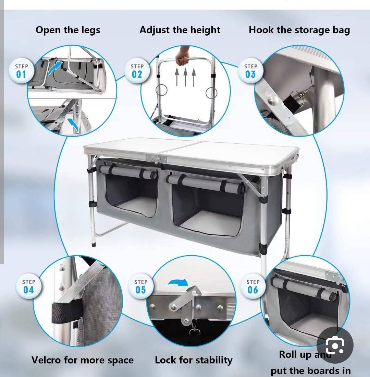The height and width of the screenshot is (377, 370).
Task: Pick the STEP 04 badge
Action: tap(28, 286)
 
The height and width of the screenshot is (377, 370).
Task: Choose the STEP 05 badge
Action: tap(141, 286)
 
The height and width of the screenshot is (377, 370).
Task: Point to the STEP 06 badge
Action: tap(253, 286)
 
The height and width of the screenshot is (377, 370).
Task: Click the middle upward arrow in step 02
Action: tap(185, 77)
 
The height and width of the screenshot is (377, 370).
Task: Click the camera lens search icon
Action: tap(335, 345)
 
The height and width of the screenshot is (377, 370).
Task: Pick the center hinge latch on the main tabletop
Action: tap(156, 159)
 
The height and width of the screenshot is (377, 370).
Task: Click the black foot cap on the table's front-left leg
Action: tap(94, 245)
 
